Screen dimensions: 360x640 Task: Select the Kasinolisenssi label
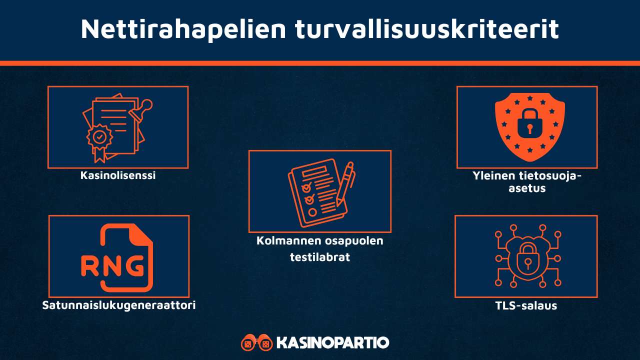tap(118, 175)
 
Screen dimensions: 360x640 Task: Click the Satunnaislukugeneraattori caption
tap(119, 305)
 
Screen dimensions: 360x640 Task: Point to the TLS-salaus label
tap(525, 305)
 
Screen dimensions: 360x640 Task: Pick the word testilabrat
tap(320, 257)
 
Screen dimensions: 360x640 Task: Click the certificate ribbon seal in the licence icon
tap(100, 137)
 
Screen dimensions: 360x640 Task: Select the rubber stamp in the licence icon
tap(144, 108)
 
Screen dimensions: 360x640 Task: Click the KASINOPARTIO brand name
tap(332, 343)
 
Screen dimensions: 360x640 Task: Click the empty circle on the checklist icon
tap(312, 212)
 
